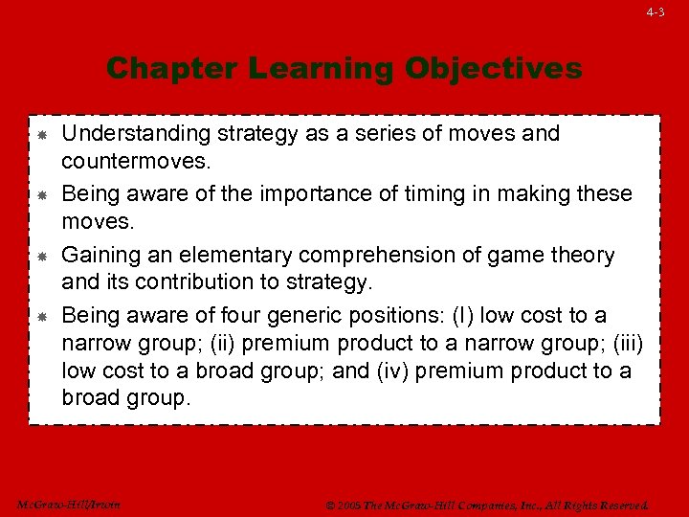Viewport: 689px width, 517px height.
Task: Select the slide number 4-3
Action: [x=655, y=12]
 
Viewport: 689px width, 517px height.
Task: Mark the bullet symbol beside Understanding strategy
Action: [x=43, y=135]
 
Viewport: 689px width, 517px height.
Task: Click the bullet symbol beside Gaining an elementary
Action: [x=43, y=257]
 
